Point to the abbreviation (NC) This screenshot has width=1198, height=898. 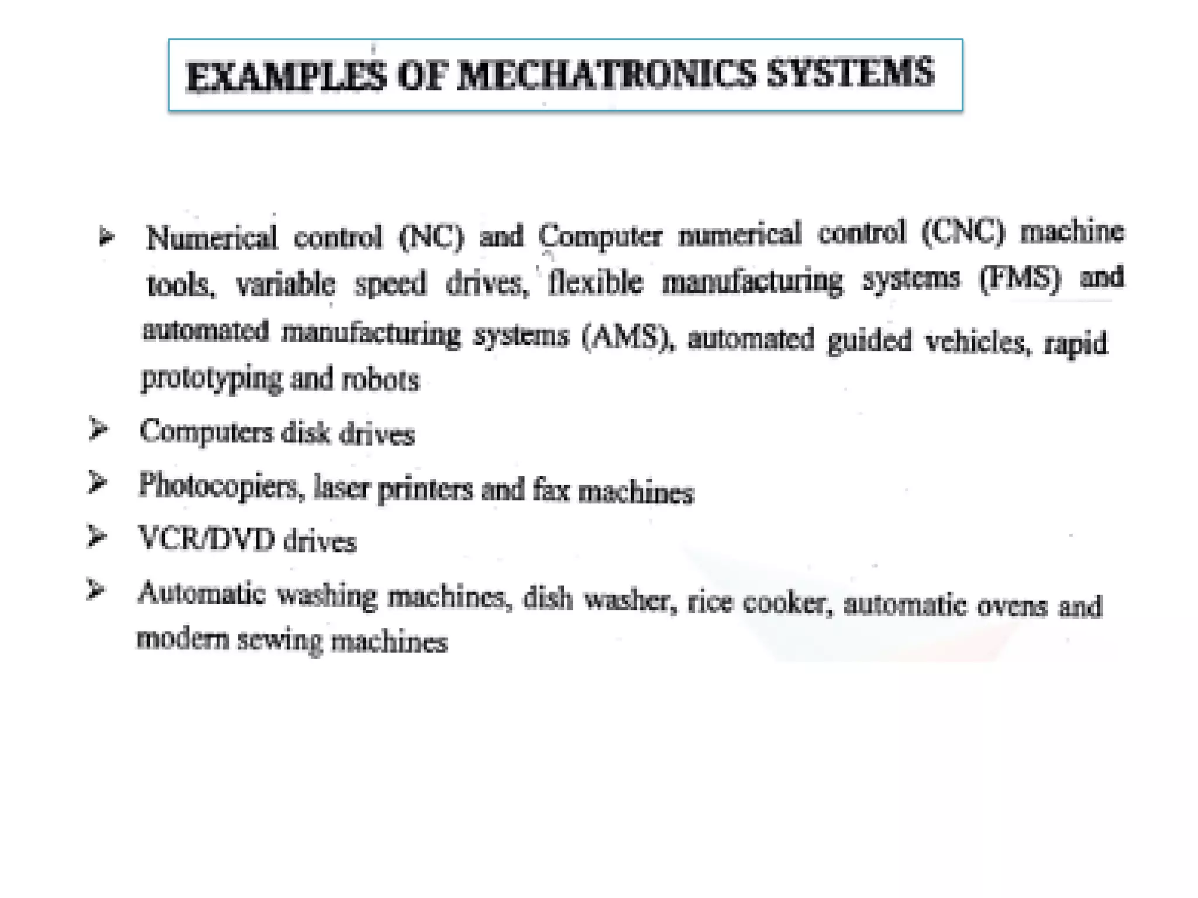[x=431, y=237]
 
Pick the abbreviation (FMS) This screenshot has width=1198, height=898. [x=1020, y=278]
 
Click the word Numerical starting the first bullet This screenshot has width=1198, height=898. [x=211, y=239]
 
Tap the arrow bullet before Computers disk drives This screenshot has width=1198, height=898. [x=98, y=430]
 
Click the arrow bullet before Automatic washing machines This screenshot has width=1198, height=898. [x=95, y=589]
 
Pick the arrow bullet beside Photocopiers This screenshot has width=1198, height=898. [x=97, y=483]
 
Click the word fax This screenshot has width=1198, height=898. [x=550, y=489]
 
